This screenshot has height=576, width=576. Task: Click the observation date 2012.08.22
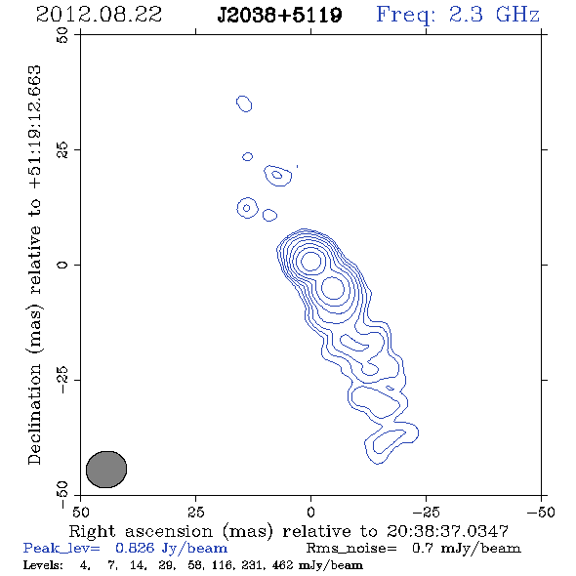99,15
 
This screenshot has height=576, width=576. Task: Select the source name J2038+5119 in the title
279,16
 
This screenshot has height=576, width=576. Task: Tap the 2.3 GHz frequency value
494,15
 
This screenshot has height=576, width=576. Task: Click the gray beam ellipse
106,470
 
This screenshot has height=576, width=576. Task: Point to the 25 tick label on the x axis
196,512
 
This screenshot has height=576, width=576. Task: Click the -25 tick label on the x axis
426,512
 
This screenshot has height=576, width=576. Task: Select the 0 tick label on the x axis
311,512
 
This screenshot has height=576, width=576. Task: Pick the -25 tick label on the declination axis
62,380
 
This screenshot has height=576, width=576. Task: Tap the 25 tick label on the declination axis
62,150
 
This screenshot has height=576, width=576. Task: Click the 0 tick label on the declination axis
62,265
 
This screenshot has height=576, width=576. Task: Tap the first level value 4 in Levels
83,564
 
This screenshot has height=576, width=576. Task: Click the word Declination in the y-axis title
34,414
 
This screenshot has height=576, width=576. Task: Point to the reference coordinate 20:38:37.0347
448,531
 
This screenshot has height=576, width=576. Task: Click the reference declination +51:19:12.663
34,128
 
